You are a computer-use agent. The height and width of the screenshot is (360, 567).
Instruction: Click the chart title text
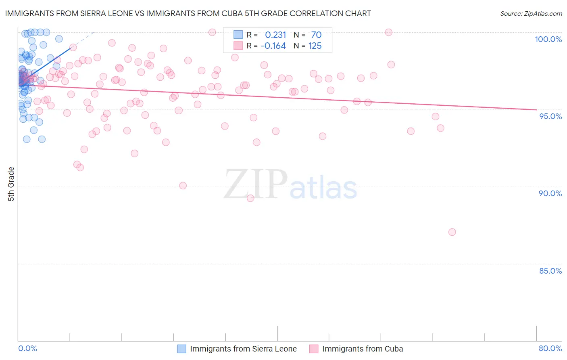point(188,14)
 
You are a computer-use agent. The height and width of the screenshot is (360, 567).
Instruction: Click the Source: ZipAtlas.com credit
point(531,14)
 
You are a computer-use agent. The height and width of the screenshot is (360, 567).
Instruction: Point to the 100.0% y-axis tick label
point(548,39)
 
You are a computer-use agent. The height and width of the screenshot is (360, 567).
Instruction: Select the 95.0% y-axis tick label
point(550,116)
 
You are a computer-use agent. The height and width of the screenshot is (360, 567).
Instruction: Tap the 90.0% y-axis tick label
point(550,193)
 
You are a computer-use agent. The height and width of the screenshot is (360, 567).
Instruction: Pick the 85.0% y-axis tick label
point(550,271)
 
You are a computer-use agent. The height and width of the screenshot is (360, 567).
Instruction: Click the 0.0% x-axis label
point(28,348)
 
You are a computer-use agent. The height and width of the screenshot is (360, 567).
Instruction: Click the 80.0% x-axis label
point(550,348)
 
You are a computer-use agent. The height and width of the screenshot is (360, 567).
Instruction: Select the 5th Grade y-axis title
point(11,184)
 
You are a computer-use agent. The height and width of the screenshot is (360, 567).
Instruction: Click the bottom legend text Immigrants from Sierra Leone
point(243,349)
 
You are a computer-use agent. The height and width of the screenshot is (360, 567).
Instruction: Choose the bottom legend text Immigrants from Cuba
point(363,349)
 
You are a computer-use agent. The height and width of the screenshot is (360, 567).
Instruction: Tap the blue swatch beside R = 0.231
point(238,35)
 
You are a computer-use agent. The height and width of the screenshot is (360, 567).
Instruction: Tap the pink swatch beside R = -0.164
point(238,46)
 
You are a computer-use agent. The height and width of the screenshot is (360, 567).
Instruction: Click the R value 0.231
point(275,35)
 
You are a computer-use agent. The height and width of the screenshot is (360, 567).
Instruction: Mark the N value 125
point(315,46)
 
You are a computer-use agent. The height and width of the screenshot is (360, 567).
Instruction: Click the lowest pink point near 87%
point(452,232)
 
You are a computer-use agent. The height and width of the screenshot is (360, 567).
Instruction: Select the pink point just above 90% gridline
point(183,186)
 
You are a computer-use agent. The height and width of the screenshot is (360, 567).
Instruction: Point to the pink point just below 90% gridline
point(250,198)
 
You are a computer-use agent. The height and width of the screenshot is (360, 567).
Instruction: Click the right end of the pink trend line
point(536,109)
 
